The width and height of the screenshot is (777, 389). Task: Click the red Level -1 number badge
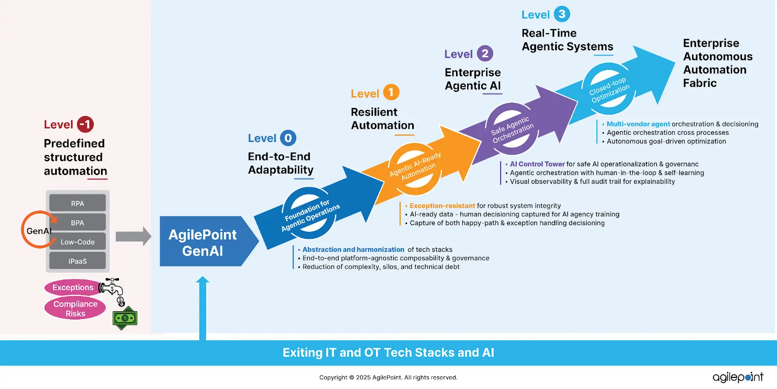85,124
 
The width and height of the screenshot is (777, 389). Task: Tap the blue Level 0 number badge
288,138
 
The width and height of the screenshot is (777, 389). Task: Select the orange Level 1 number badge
391,92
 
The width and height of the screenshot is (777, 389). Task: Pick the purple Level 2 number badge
485,53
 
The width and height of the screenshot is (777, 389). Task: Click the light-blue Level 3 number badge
562,14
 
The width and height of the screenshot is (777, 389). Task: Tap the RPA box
78,203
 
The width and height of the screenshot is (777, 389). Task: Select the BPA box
78,222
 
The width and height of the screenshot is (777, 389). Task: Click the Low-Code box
78,242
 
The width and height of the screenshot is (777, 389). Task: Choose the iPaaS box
78,261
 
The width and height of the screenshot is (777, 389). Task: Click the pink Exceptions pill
73,287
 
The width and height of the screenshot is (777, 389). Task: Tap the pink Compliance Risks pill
75,309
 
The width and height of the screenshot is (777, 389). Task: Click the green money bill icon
125,318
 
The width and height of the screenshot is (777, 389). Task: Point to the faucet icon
111,287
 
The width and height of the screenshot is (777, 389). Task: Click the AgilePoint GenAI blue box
203,242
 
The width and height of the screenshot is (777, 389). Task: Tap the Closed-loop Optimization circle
609,89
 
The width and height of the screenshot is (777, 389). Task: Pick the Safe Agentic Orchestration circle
512,129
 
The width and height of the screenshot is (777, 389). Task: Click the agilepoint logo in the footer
738,377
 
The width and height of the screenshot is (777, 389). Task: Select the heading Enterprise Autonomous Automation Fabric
717,63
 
